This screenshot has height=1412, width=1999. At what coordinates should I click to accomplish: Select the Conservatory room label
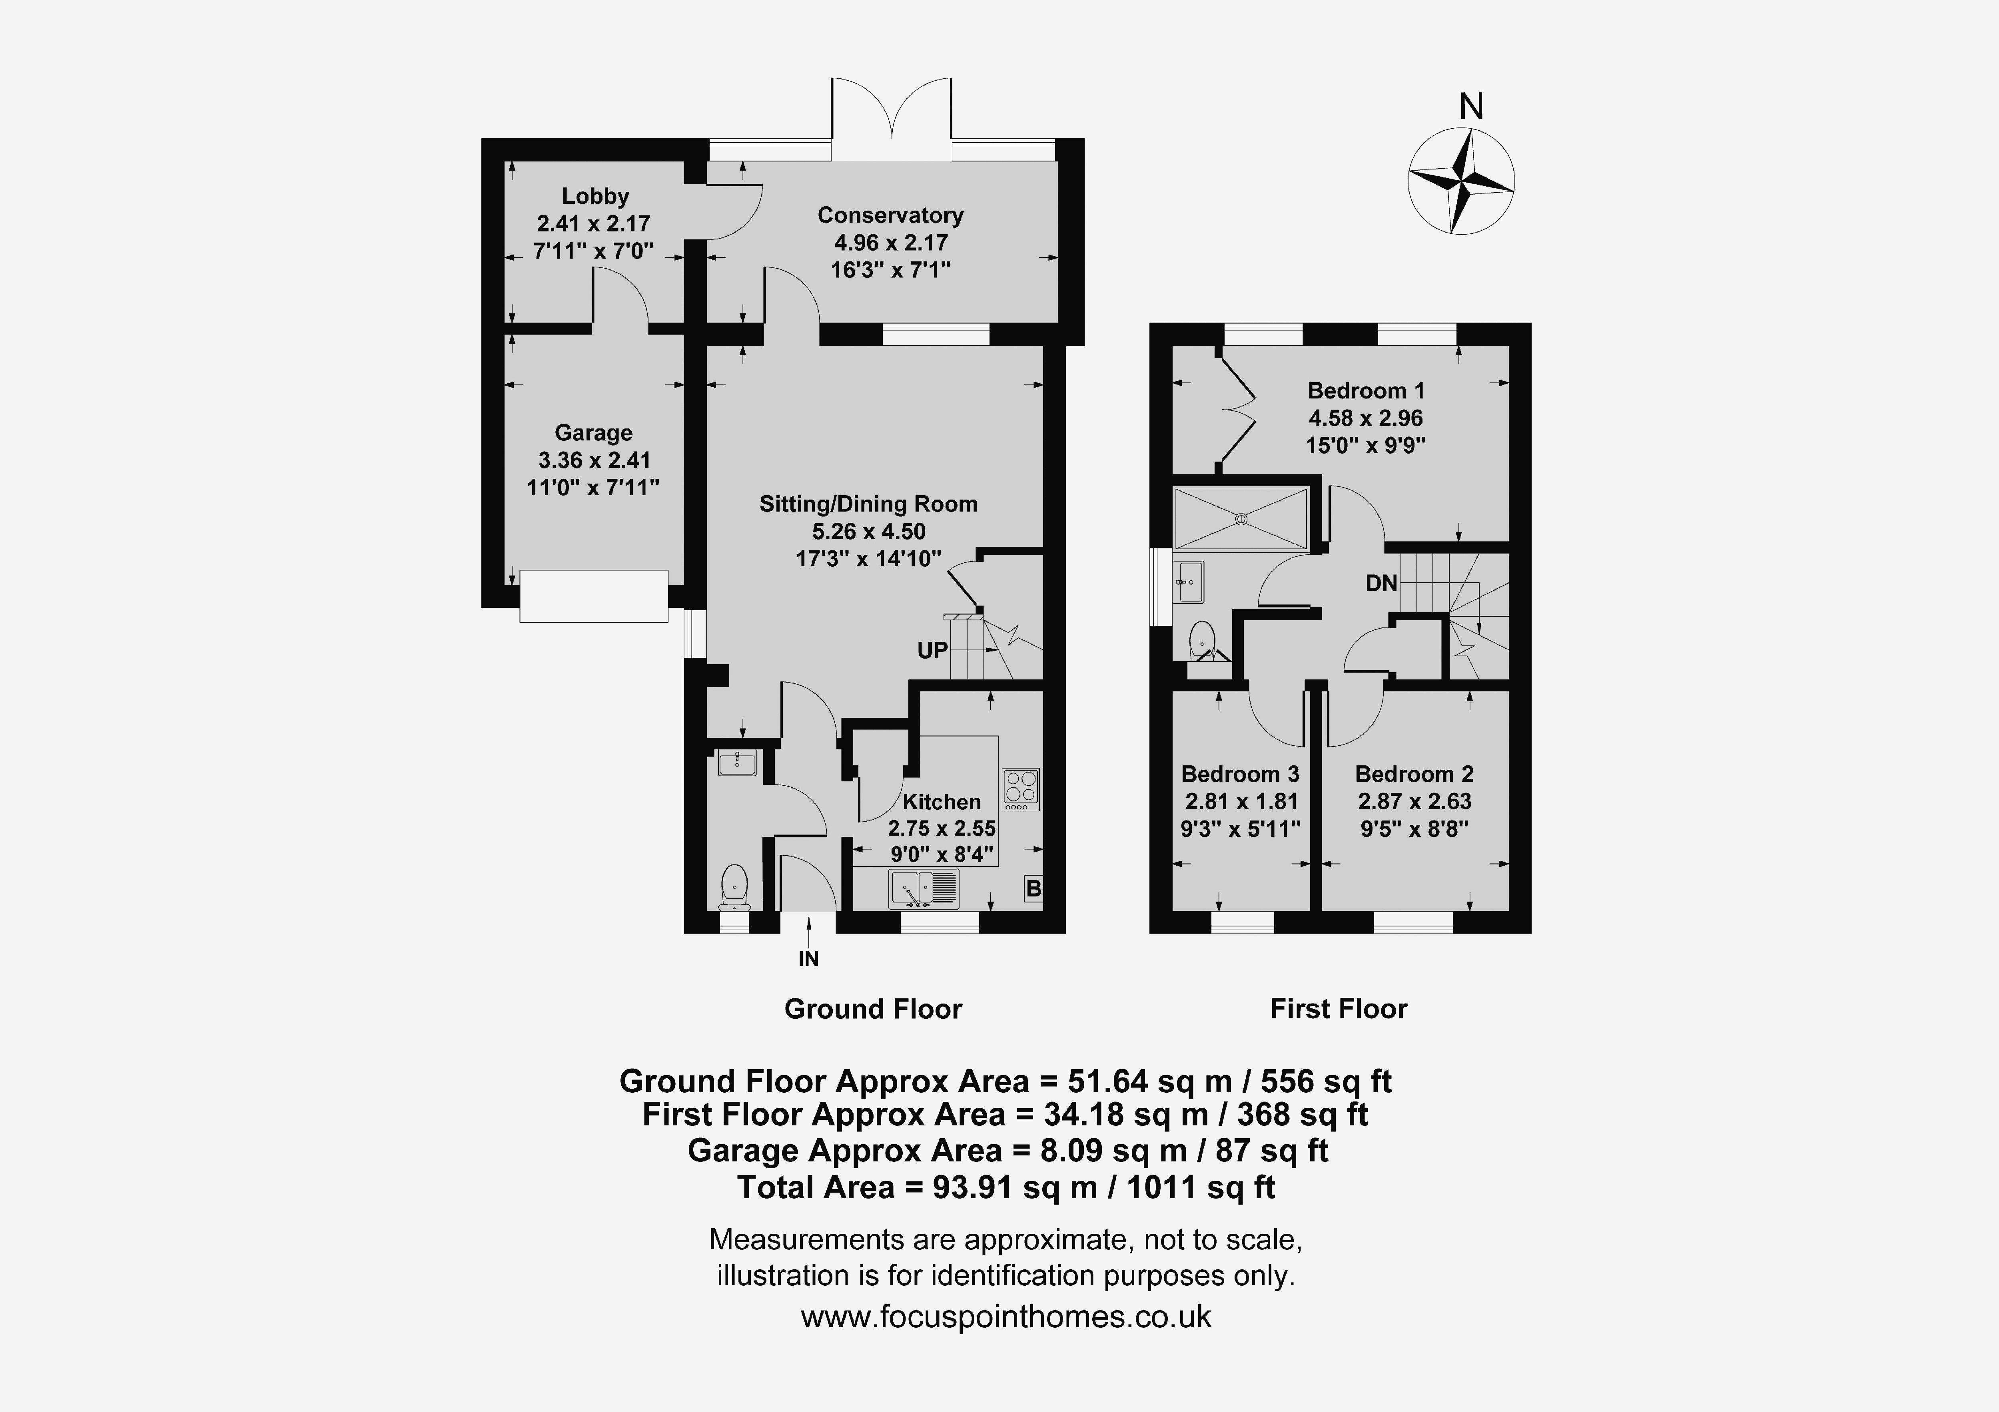890,215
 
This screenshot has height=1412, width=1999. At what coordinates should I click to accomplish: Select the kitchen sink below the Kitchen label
924,889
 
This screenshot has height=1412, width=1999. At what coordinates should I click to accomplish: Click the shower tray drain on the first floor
1241,519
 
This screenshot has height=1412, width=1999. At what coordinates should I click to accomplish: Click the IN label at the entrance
809,958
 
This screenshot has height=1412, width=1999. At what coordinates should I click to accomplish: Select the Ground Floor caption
873,1009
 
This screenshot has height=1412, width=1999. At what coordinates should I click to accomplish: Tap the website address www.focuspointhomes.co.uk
1005,1316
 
